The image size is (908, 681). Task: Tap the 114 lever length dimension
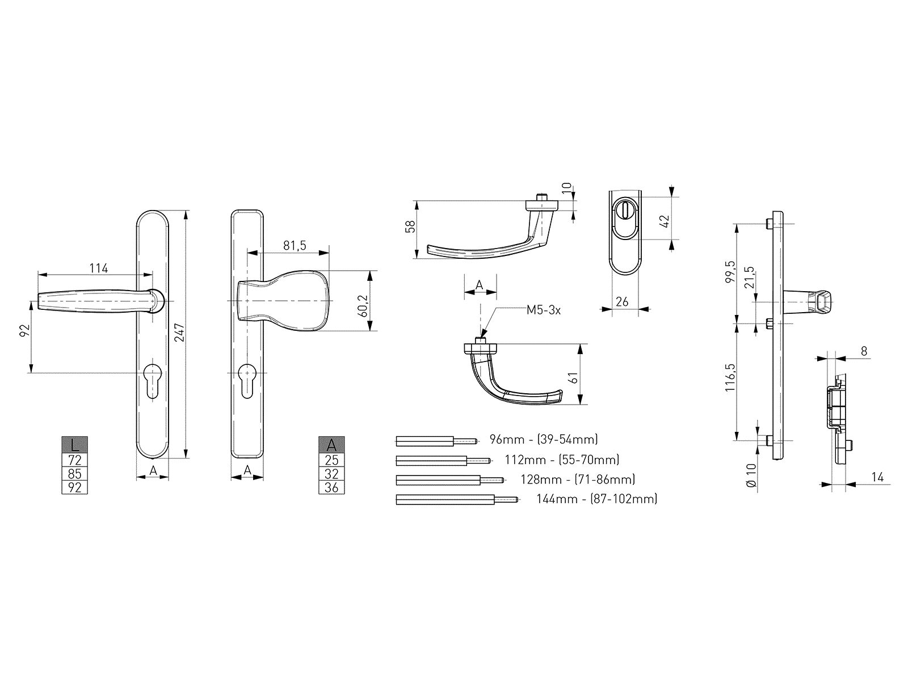pyautogui.click(x=99, y=268)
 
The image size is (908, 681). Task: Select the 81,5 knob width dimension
pyautogui.click(x=295, y=246)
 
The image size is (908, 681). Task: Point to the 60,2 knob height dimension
pyautogui.click(x=364, y=306)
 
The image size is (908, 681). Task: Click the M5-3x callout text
pyautogui.click(x=543, y=310)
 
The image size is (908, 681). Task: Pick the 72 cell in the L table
pyautogui.click(x=74, y=460)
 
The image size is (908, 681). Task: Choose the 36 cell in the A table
pyautogui.click(x=331, y=487)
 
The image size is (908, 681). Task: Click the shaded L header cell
pyautogui.click(x=74, y=445)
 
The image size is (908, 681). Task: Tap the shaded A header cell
pyautogui.click(x=331, y=445)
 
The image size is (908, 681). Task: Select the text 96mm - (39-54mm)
pyautogui.click(x=544, y=439)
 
